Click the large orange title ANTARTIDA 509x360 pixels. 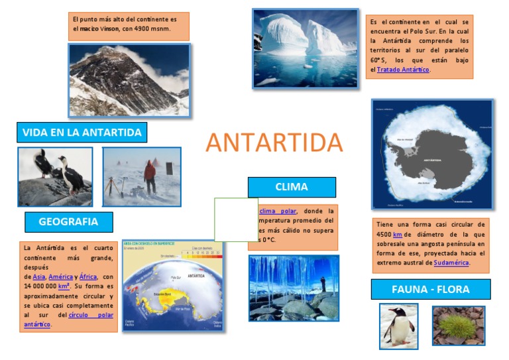tap(274, 143)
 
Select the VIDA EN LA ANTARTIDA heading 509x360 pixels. tap(82, 133)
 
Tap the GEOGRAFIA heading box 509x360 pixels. tap(68, 221)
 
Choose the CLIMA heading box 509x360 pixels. tap(292, 187)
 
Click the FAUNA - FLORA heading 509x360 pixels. tap(430, 289)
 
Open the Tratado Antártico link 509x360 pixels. tap(403, 70)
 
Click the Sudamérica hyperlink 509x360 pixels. tap(451, 263)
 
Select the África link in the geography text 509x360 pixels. tap(88, 276)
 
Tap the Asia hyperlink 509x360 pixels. tap(39, 276)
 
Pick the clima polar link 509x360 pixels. tap(278, 211)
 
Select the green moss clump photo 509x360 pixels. tap(458, 325)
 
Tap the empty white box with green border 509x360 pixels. tap(236, 219)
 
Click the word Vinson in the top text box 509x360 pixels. tap(110, 29)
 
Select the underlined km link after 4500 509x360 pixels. tap(398, 234)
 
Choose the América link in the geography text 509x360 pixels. tap(61, 276)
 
